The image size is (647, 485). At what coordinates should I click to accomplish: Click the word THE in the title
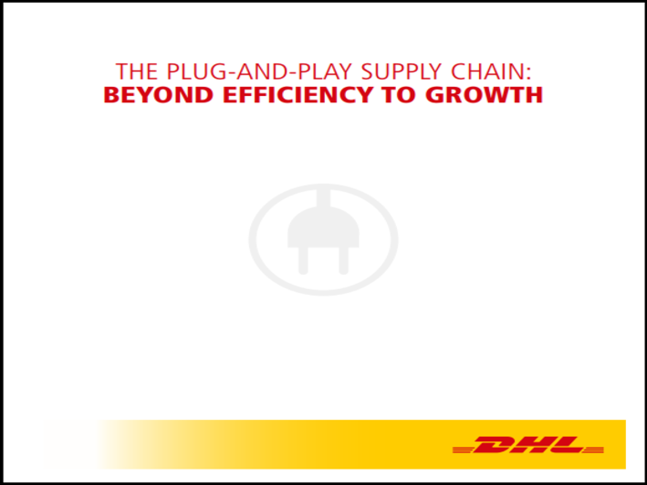(137, 71)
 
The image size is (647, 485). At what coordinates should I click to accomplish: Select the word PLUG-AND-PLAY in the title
(260, 71)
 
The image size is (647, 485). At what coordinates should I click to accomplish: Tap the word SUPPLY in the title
(402, 72)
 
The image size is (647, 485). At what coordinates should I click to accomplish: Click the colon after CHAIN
(527, 74)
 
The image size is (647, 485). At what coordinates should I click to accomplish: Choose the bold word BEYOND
(159, 95)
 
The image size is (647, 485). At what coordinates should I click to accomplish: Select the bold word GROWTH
(484, 95)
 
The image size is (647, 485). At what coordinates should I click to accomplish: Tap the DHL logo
(528, 445)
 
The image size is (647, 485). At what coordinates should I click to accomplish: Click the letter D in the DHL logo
(495, 445)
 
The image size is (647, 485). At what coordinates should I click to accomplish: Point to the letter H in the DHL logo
(532, 445)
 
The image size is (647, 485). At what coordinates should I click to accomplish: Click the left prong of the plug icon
(303, 260)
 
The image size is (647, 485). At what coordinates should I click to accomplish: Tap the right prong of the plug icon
(344, 260)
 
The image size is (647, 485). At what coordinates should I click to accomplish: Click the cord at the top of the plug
(323, 198)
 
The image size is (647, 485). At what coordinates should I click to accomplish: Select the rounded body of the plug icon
(323, 227)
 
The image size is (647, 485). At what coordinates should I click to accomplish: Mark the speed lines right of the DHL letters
(593, 449)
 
